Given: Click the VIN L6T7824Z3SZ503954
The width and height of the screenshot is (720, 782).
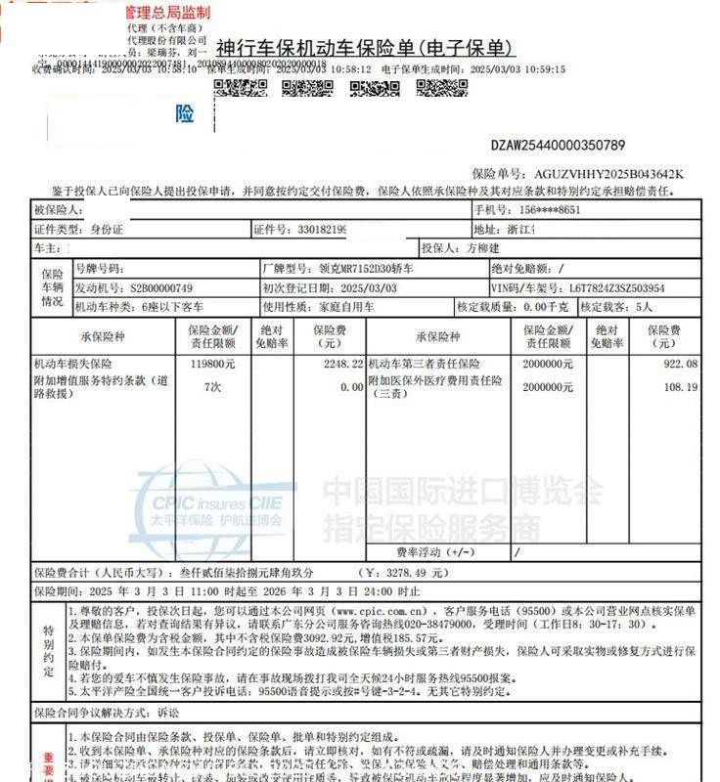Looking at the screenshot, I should [x=606, y=288].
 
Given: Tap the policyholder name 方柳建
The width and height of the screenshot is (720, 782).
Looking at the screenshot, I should [x=488, y=247].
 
